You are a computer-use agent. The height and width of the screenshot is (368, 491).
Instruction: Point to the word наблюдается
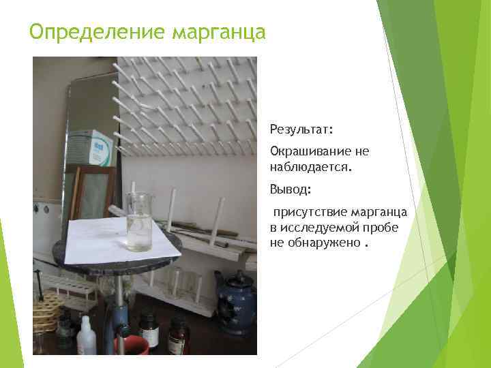311,165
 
